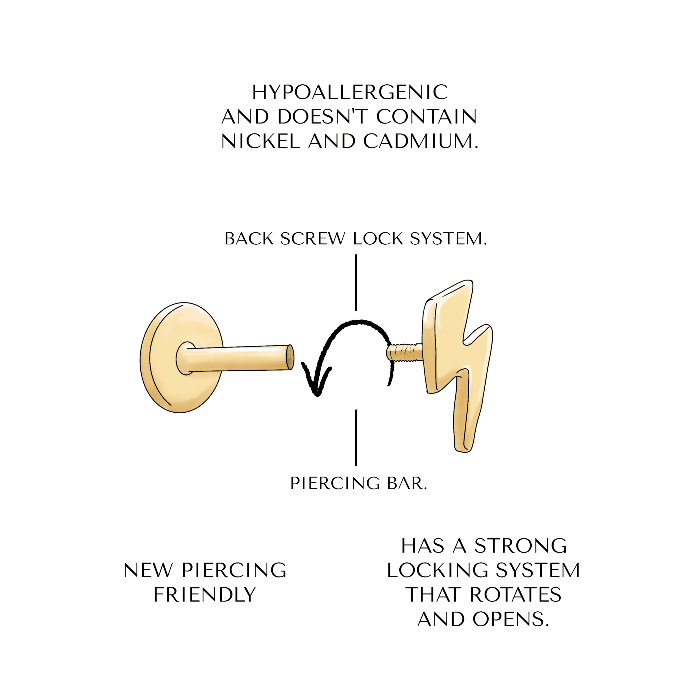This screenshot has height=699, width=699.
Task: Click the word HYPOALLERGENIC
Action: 350,92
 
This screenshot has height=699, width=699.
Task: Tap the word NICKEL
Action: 260,141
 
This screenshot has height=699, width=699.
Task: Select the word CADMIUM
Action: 421,141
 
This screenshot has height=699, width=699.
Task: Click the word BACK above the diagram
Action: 249,239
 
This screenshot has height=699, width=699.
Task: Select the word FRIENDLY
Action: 205,595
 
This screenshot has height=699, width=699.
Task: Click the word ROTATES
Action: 516,595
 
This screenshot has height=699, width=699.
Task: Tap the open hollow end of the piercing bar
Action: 290,357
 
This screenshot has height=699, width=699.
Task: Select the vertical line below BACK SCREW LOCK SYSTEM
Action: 356,283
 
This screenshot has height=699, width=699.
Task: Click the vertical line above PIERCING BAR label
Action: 356,438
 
